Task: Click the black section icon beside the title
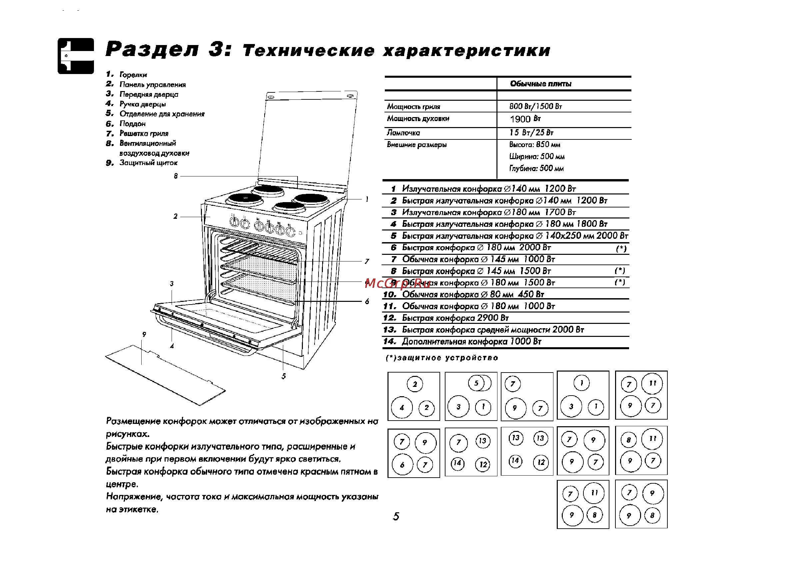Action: click(x=76, y=56)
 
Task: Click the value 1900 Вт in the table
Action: click(x=525, y=119)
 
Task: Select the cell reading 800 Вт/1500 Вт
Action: click(x=535, y=106)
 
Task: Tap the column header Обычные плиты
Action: click(x=540, y=84)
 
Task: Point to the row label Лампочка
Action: click(x=403, y=133)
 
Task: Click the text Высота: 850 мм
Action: click(x=534, y=144)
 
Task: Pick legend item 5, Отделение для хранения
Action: click(x=162, y=114)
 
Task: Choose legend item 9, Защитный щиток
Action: click(x=148, y=163)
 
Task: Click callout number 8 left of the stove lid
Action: click(x=176, y=176)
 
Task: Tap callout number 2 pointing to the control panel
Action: click(x=176, y=216)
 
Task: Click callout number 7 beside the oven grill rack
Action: click(x=367, y=261)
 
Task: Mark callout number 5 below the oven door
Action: click(x=284, y=376)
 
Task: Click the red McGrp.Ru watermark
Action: click(x=397, y=284)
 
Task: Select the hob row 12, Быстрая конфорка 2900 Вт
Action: click(x=455, y=318)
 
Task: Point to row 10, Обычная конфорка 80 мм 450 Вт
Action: click(x=472, y=295)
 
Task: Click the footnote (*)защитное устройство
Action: click(x=442, y=358)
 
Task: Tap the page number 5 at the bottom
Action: click(x=396, y=516)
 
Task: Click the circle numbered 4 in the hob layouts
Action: click(x=402, y=408)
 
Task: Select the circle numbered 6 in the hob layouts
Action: click(x=402, y=465)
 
